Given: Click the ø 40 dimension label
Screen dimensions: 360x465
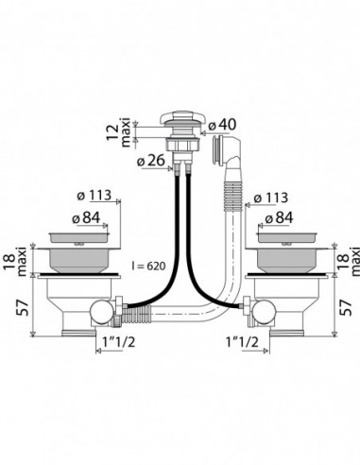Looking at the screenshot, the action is pyautogui.click(x=222, y=125).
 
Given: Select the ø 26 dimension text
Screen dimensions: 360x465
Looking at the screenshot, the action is pyautogui.click(x=151, y=161).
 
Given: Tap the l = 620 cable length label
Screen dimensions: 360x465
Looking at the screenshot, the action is pyautogui.click(x=148, y=266).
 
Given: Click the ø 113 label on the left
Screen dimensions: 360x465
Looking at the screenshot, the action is pyautogui.click(x=94, y=196).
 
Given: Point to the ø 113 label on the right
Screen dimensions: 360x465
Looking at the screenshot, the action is pyautogui.click(x=271, y=198).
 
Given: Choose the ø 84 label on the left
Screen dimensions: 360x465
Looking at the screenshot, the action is pyautogui.click(x=86, y=217).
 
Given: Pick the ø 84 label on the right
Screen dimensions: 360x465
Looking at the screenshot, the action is pyautogui.click(x=279, y=217).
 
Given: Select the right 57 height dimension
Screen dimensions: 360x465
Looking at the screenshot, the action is pyautogui.click(x=347, y=307).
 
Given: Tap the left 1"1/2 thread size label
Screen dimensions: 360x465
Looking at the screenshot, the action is pyautogui.click(x=119, y=342).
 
